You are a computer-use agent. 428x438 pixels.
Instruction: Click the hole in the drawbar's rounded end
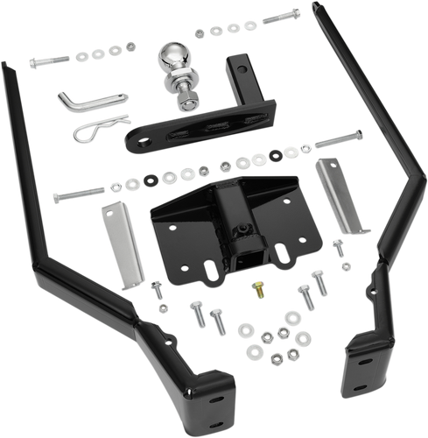[138, 138]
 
